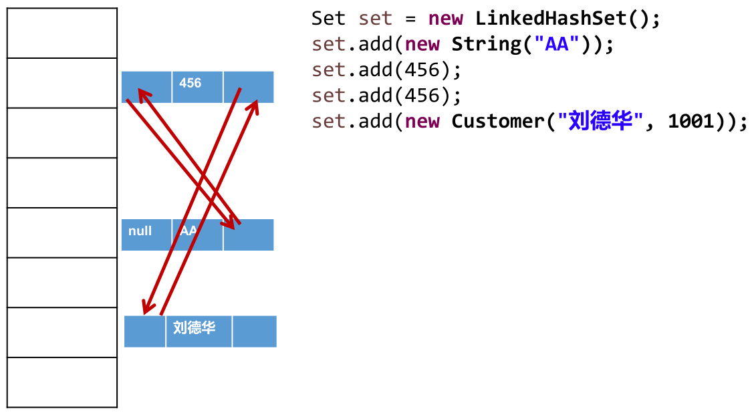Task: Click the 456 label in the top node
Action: (x=191, y=84)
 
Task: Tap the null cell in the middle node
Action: (x=140, y=231)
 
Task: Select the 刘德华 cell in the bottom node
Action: (x=194, y=328)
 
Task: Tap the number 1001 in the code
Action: (x=692, y=122)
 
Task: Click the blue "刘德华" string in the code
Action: (x=600, y=122)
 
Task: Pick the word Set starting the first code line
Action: (x=328, y=18)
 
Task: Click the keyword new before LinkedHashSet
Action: (x=446, y=18)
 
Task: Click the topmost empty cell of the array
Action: (x=62, y=33)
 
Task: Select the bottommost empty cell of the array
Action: (x=62, y=382)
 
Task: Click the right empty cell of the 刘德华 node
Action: (x=255, y=331)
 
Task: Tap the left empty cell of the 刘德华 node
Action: (x=144, y=331)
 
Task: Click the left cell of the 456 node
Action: (x=147, y=87)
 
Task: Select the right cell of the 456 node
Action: (x=249, y=87)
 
